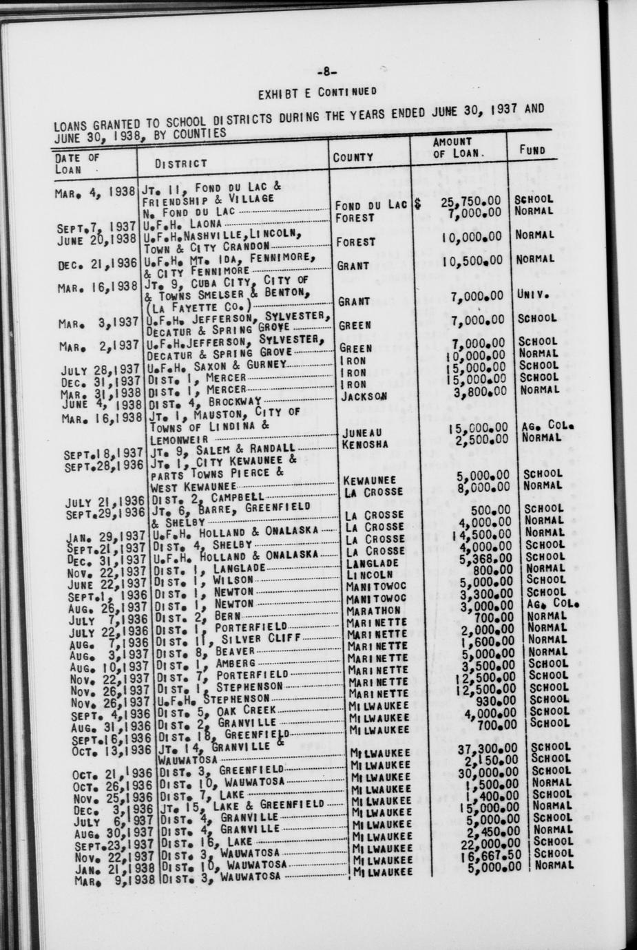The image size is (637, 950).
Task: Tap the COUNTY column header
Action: click(x=353, y=157)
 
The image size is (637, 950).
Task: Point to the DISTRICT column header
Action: click(x=181, y=163)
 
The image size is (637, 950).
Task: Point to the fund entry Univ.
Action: click(x=532, y=295)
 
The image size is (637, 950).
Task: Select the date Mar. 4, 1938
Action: click(x=95, y=192)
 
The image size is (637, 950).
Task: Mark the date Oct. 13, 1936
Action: click(x=111, y=750)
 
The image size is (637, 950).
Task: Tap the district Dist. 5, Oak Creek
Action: click(x=216, y=710)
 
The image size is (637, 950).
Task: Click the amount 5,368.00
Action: click(x=485, y=558)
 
